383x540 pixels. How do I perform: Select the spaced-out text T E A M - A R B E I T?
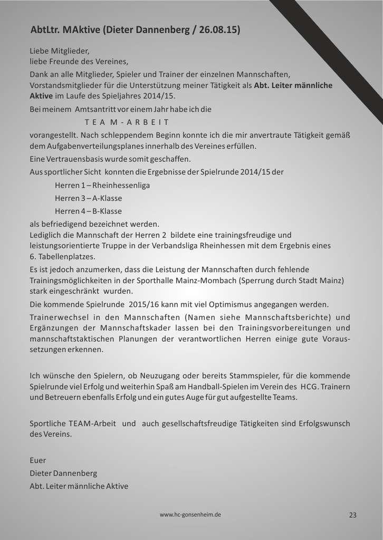(127, 121)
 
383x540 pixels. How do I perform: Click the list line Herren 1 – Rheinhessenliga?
(95, 186)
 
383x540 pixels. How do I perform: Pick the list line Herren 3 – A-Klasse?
(88, 198)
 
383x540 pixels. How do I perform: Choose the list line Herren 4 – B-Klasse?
(88, 211)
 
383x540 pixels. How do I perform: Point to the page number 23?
(353, 515)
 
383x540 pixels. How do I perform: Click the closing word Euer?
(38, 460)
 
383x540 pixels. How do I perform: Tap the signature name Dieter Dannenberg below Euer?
(63, 473)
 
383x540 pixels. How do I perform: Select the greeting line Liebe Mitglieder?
(60, 52)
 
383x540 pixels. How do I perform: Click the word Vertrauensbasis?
(66, 159)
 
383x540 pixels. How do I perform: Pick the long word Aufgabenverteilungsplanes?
(94, 146)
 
